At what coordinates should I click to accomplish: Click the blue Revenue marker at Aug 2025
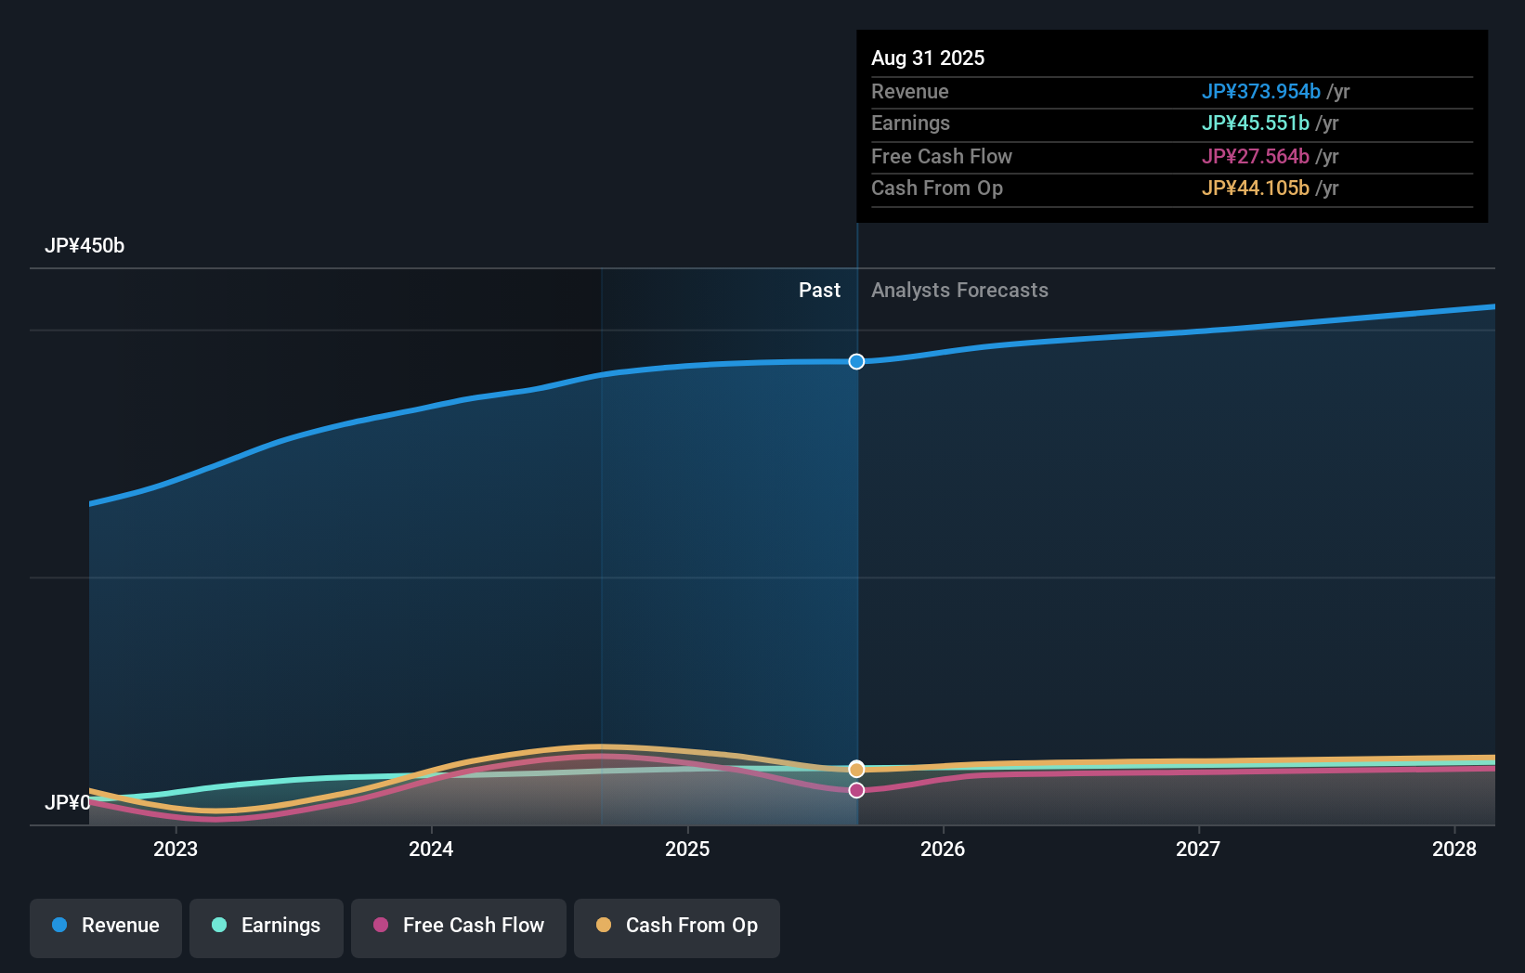click(856, 361)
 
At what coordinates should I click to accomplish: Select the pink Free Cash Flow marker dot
click(856, 790)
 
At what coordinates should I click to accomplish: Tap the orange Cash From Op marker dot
click(856, 769)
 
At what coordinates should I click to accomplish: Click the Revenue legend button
click(106, 926)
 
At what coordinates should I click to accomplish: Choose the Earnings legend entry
click(267, 926)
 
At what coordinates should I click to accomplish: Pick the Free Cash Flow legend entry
click(459, 926)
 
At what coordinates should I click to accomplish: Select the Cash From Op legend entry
click(677, 926)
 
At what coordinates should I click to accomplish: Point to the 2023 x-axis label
click(176, 849)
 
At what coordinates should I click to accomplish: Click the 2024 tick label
click(431, 849)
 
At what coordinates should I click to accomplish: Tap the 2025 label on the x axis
click(687, 849)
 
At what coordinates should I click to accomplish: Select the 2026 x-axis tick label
click(943, 849)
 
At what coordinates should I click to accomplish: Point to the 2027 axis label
click(1198, 849)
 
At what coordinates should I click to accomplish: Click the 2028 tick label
click(1454, 849)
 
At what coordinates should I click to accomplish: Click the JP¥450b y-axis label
click(85, 246)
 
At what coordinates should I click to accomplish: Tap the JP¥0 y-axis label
click(68, 802)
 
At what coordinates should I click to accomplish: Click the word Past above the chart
click(819, 291)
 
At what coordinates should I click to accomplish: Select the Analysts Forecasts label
click(959, 291)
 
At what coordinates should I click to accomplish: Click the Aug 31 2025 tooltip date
click(928, 58)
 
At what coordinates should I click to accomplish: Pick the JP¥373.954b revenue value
click(1260, 92)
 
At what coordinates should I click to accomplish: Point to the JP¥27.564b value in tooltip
click(1255, 157)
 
